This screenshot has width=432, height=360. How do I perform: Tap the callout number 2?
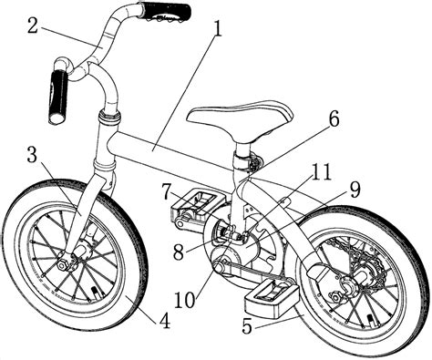click(32, 26)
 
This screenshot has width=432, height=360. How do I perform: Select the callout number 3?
click(32, 155)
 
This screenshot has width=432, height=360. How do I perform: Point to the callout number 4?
click(164, 320)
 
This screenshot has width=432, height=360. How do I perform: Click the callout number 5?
click(248, 326)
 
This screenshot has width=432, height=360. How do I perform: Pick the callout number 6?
click(334, 119)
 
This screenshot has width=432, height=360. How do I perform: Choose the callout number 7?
click(168, 191)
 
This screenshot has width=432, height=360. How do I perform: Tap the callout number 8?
click(179, 252)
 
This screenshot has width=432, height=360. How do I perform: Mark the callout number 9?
click(355, 190)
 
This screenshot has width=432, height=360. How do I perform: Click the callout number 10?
click(185, 300)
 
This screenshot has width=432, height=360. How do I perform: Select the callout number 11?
click(320, 172)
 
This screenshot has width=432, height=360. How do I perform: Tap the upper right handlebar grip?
click(165, 11)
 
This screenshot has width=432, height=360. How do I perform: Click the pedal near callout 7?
click(197, 205)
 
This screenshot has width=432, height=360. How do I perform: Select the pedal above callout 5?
click(271, 299)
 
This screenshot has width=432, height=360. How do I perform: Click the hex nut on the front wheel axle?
click(62, 265)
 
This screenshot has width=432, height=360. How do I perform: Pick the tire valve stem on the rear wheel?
click(371, 321)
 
